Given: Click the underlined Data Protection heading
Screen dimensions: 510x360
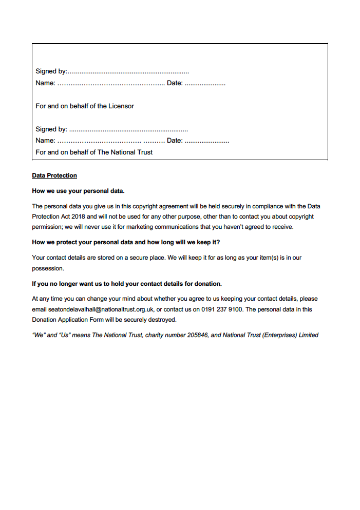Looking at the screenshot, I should coord(54,175).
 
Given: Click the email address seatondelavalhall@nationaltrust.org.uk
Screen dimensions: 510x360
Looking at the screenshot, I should coord(101,309).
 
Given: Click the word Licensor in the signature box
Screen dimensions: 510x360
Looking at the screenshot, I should coord(121,106).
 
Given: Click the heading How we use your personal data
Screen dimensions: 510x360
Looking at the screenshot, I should coord(78,191).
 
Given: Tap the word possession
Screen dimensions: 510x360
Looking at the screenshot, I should coord(48,268).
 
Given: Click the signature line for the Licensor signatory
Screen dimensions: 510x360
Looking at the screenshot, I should coord(128,72).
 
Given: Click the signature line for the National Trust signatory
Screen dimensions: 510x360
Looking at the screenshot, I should coord(128,130).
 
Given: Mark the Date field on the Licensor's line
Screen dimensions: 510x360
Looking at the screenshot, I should coord(204,84).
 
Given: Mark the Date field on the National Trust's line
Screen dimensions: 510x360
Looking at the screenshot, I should coord(206,141).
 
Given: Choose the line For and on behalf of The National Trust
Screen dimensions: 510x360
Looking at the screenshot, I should coord(94,152).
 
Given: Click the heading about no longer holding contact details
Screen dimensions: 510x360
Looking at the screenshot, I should coord(127,284).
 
